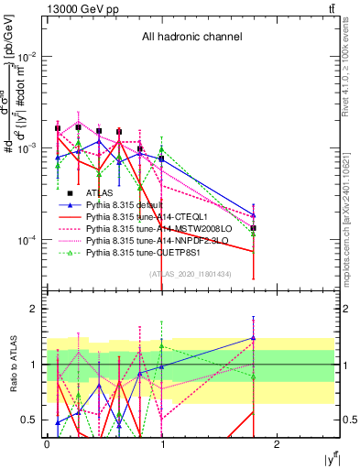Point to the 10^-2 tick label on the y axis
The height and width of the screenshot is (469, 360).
click(x=29, y=56)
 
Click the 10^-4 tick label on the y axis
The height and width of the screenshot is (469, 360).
click(x=29, y=240)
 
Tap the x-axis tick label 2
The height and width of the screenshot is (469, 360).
click(x=278, y=442)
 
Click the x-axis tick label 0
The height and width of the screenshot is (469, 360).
click(x=47, y=442)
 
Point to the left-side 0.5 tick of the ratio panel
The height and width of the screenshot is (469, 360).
click(x=33, y=420)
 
